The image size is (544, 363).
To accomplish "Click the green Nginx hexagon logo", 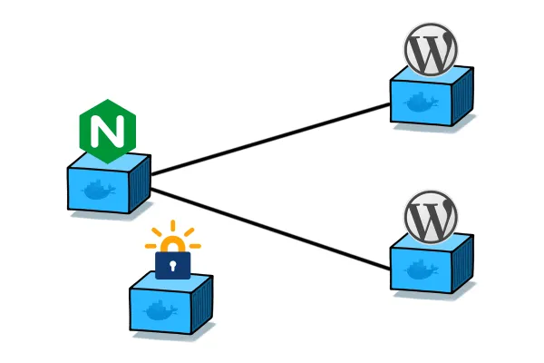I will pyautogui.click(x=107, y=132).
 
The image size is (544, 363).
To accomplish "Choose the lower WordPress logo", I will pyautogui.click(x=431, y=217).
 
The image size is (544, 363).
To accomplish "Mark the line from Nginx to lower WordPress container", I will pyautogui.click(x=272, y=228).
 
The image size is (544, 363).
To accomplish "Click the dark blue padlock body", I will pyautogui.click(x=173, y=264).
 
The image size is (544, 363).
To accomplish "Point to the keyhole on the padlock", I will pyautogui.click(x=173, y=265).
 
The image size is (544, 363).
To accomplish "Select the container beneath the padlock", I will pyautogui.click(x=171, y=304).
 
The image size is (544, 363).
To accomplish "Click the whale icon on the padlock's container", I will pyautogui.click(x=160, y=311).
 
